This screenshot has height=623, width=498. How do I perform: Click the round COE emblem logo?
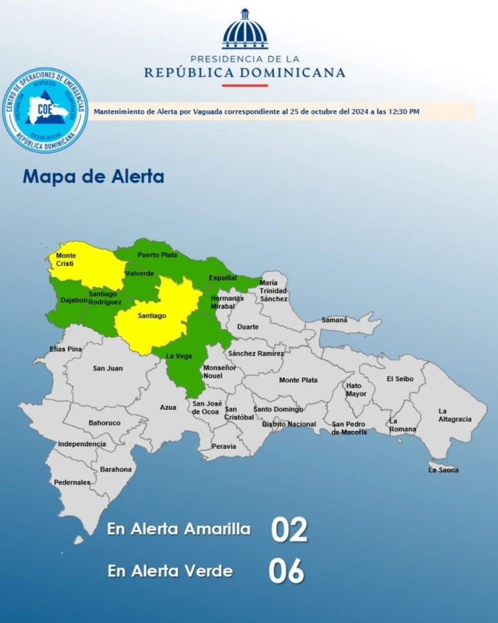click(45, 110)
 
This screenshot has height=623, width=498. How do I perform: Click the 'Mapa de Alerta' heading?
click(93, 177)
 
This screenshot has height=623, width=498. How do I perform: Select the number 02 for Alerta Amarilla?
click(289, 530)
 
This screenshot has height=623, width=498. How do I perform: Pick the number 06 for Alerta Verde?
click(287, 571)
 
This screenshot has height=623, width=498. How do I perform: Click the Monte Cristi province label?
click(66, 260)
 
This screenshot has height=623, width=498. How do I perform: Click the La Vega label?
click(179, 356)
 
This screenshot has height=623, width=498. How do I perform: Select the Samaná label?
click(335, 319)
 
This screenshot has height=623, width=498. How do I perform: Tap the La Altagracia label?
click(455, 415)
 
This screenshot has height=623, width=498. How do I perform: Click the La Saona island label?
click(444, 470)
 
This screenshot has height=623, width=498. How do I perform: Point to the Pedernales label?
click(72, 482)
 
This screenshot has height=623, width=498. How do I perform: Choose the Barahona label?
click(116, 470)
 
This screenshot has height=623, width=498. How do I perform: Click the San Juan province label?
click(108, 368)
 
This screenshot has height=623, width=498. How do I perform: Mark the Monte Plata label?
click(298, 381)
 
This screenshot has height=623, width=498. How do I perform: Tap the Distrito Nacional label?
click(289, 424)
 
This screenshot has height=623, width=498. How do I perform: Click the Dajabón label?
click(73, 300)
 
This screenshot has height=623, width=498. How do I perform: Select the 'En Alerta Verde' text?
click(170, 571)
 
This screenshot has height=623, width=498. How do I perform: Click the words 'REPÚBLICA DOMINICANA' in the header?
click(245, 72)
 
